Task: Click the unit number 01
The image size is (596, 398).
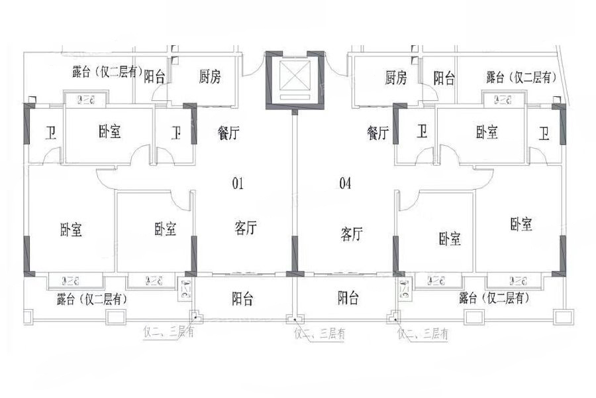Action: point(238,184)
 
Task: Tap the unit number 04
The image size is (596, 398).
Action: point(345,184)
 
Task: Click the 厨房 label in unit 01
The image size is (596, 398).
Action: point(209,78)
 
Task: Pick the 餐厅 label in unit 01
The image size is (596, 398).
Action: point(228,133)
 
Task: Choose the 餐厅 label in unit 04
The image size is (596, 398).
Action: point(377,133)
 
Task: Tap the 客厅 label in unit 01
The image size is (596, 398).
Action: point(245,229)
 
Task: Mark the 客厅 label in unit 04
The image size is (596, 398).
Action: point(352,233)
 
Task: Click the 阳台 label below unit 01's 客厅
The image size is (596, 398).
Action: point(244,298)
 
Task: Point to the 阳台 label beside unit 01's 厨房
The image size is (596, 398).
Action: point(154,76)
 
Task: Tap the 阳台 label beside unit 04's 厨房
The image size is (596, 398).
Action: point(444,78)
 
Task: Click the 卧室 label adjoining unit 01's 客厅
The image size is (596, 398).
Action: point(166,230)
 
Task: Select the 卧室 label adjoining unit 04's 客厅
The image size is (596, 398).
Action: point(450,238)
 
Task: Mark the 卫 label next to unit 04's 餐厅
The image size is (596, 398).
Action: point(422,133)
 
